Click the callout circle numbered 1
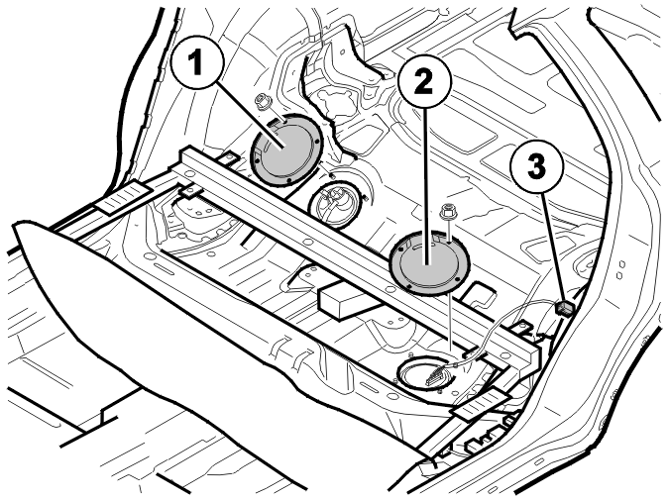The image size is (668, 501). pos(196,62)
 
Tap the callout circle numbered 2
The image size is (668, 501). pos(424,82)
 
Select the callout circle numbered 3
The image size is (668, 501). pos(537,166)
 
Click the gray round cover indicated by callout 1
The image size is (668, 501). pos(285,150)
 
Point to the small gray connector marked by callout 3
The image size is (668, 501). pos(566,307)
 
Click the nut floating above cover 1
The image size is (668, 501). pos(260,101)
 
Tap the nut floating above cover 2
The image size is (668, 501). pos(446,211)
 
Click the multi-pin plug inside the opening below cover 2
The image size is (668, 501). pos(435,376)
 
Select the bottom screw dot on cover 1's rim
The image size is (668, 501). pos(288,180)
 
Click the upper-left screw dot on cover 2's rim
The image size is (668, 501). pos(401,248)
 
